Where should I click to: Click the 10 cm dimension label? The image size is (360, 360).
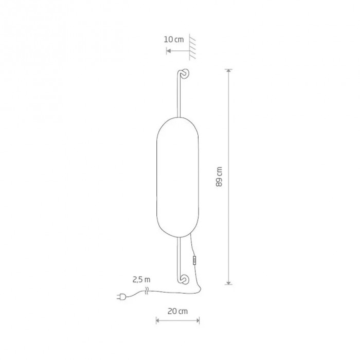[174, 40]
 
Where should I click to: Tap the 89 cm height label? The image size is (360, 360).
[219, 176]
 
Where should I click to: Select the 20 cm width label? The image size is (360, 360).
[177, 311]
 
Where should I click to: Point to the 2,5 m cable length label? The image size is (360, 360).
[141, 280]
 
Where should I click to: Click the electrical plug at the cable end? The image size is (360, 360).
[121, 297]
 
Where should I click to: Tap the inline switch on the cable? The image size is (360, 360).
[195, 261]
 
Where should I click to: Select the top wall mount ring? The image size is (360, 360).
[185, 74]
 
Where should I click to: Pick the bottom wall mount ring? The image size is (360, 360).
[185, 279]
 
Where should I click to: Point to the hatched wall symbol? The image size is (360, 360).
[192, 47]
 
